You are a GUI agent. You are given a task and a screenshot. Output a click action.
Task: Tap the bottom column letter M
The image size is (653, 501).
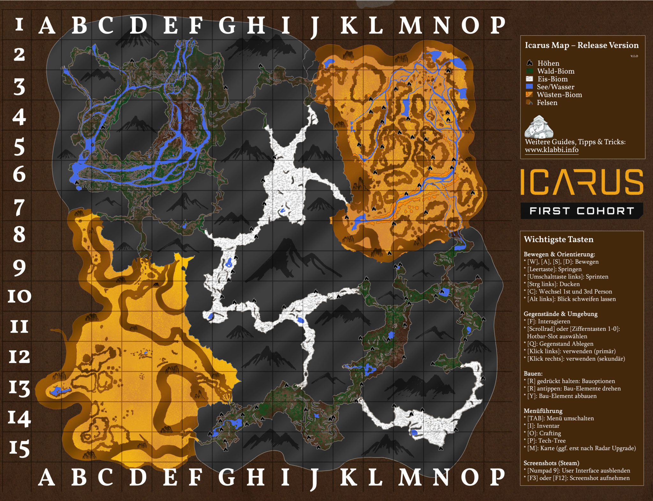410,477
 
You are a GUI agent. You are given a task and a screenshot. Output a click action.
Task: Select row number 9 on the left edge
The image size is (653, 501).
19,268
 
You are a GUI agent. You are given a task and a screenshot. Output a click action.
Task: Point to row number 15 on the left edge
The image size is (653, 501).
19,448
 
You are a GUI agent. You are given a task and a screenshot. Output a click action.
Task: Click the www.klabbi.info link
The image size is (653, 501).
552,150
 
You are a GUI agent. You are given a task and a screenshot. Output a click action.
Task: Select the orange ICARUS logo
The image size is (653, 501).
582,182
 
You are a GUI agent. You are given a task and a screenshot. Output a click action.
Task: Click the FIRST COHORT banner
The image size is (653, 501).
582,211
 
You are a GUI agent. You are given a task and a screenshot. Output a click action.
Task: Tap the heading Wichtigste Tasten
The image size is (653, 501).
558,239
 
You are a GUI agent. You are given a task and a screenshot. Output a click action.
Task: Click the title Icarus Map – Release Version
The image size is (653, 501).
582,45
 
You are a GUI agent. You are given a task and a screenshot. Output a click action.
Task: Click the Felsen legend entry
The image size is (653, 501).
547,103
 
